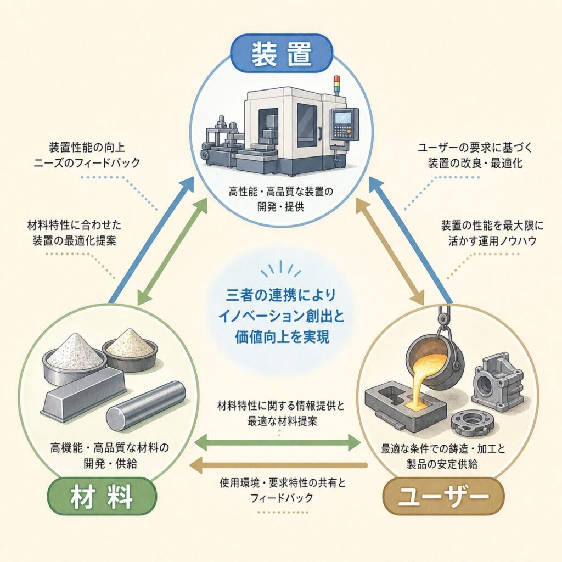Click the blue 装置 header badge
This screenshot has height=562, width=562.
[281, 54]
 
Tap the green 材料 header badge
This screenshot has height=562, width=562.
[102, 497]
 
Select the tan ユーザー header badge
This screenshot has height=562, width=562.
[443, 497]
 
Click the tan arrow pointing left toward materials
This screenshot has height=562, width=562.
[278, 465]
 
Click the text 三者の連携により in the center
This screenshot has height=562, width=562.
[281, 295]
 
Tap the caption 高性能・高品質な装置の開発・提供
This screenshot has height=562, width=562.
[281, 199]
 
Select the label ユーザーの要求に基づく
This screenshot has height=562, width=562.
[475, 147]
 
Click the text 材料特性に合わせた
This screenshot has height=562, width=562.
[74, 225]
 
